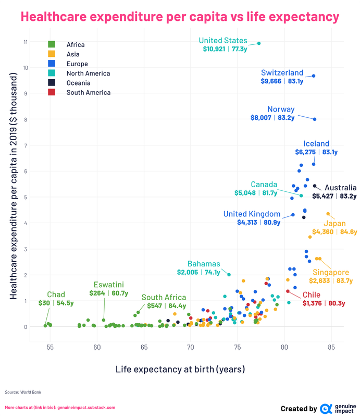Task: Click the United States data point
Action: pyautogui.click(x=259, y=43)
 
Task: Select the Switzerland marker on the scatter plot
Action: pyautogui.click(x=314, y=76)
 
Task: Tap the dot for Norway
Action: pyautogui.click(x=315, y=119)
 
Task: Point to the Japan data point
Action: pyautogui.click(x=328, y=214)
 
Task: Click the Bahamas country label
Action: pyautogui.click(x=204, y=264)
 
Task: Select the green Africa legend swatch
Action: pyautogui.click(x=51, y=45)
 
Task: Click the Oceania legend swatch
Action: pyautogui.click(x=51, y=83)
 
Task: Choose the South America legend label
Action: pyautogui.click(x=88, y=93)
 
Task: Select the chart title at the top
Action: pyautogui.click(x=180, y=17)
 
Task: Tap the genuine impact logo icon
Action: pyautogui.click(x=326, y=409)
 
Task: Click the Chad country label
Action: pyautogui.click(x=56, y=295)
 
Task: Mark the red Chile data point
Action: pyautogui.click(x=288, y=291)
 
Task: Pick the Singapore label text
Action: pyautogui.click(x=331, y=273)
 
